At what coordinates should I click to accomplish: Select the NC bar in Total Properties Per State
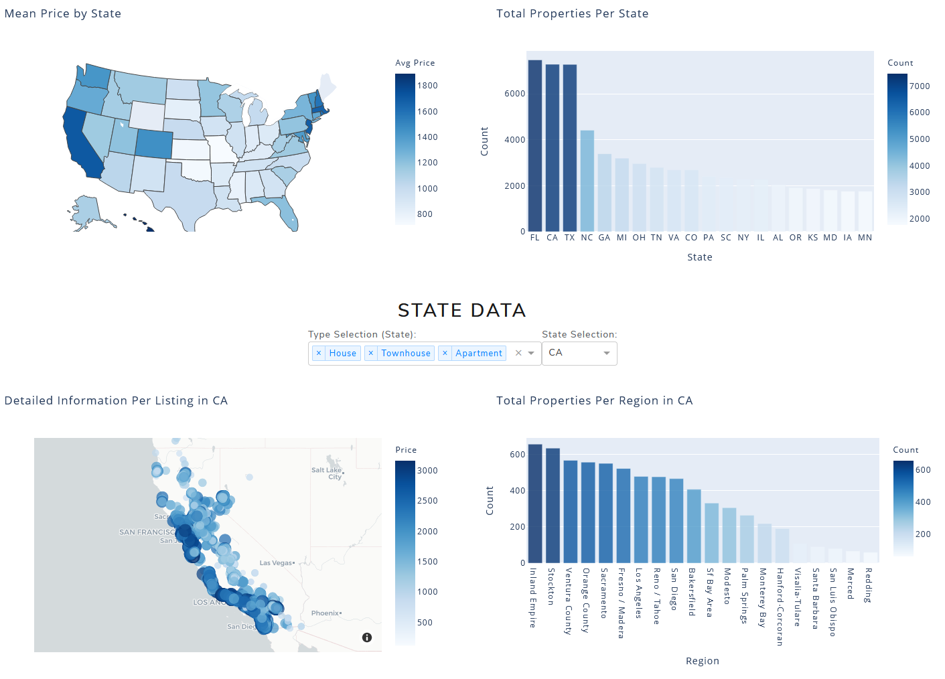pos(587,181)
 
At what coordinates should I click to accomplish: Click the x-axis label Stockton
pos(551,587)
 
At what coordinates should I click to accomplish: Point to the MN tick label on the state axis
pos(865,238)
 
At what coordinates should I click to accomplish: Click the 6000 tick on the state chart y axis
pos(514,94)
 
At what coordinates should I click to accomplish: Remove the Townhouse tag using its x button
pos(371,353)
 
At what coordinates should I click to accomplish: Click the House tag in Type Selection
pos(342,353)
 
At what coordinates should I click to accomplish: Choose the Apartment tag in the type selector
pos(478,353)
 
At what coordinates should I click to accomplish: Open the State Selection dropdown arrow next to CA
pos(606,353)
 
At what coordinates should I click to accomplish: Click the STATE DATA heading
pos(461,310)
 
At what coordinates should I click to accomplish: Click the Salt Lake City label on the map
pos(328,473)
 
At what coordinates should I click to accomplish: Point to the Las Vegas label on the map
pos(276,563)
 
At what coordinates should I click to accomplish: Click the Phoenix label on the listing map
pos(325,613)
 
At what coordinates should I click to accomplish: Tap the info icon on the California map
pos(367,637)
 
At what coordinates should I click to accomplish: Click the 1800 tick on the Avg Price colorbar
pos(427,86)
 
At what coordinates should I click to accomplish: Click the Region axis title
pos(702,661)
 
